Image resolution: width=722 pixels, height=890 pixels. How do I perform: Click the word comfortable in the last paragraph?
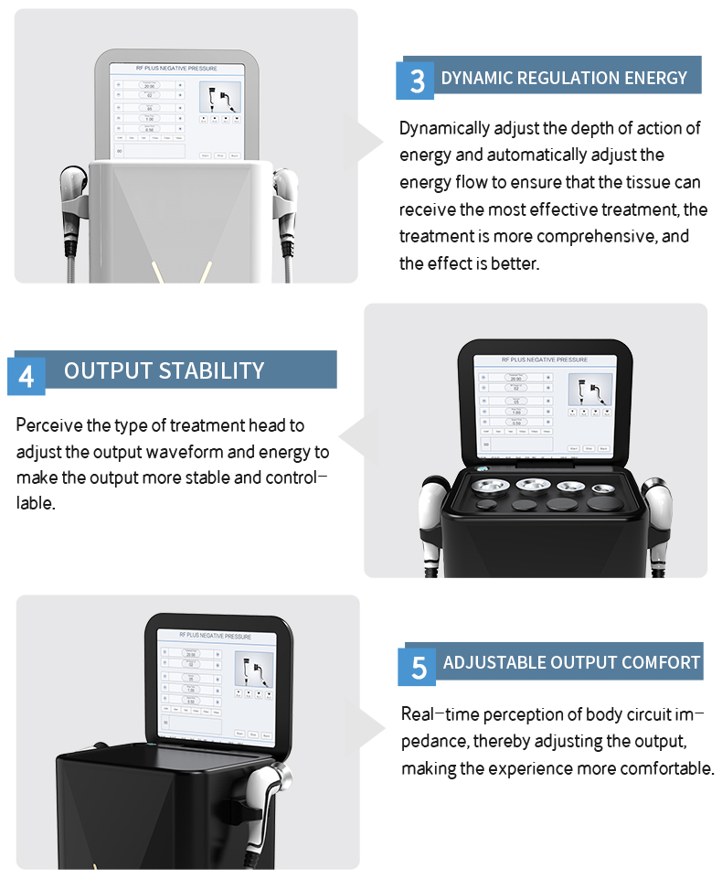pyautogui.click(x=666, y=767)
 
